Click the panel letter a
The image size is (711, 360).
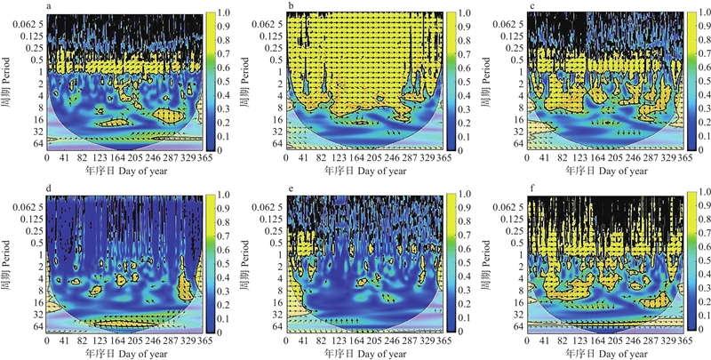pyautogui.click(x=49, y=5)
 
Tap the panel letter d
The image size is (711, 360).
pyautogui.click(x=49, y=188)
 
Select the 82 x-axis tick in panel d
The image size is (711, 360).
pyautogui.click(x=84, y=340)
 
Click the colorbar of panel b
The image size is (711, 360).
pyautogui.click(x=451, y=80)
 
